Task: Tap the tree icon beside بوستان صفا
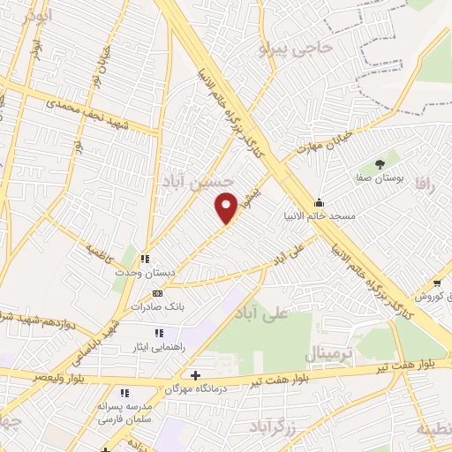tap(380, 164)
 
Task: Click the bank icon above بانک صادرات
tap(157, 293)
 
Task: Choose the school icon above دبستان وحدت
tap(144, 260)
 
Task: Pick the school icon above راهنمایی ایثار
tap(159, 333)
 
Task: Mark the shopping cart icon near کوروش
tap(437, 283)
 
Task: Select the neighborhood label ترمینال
tap(329, 354)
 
